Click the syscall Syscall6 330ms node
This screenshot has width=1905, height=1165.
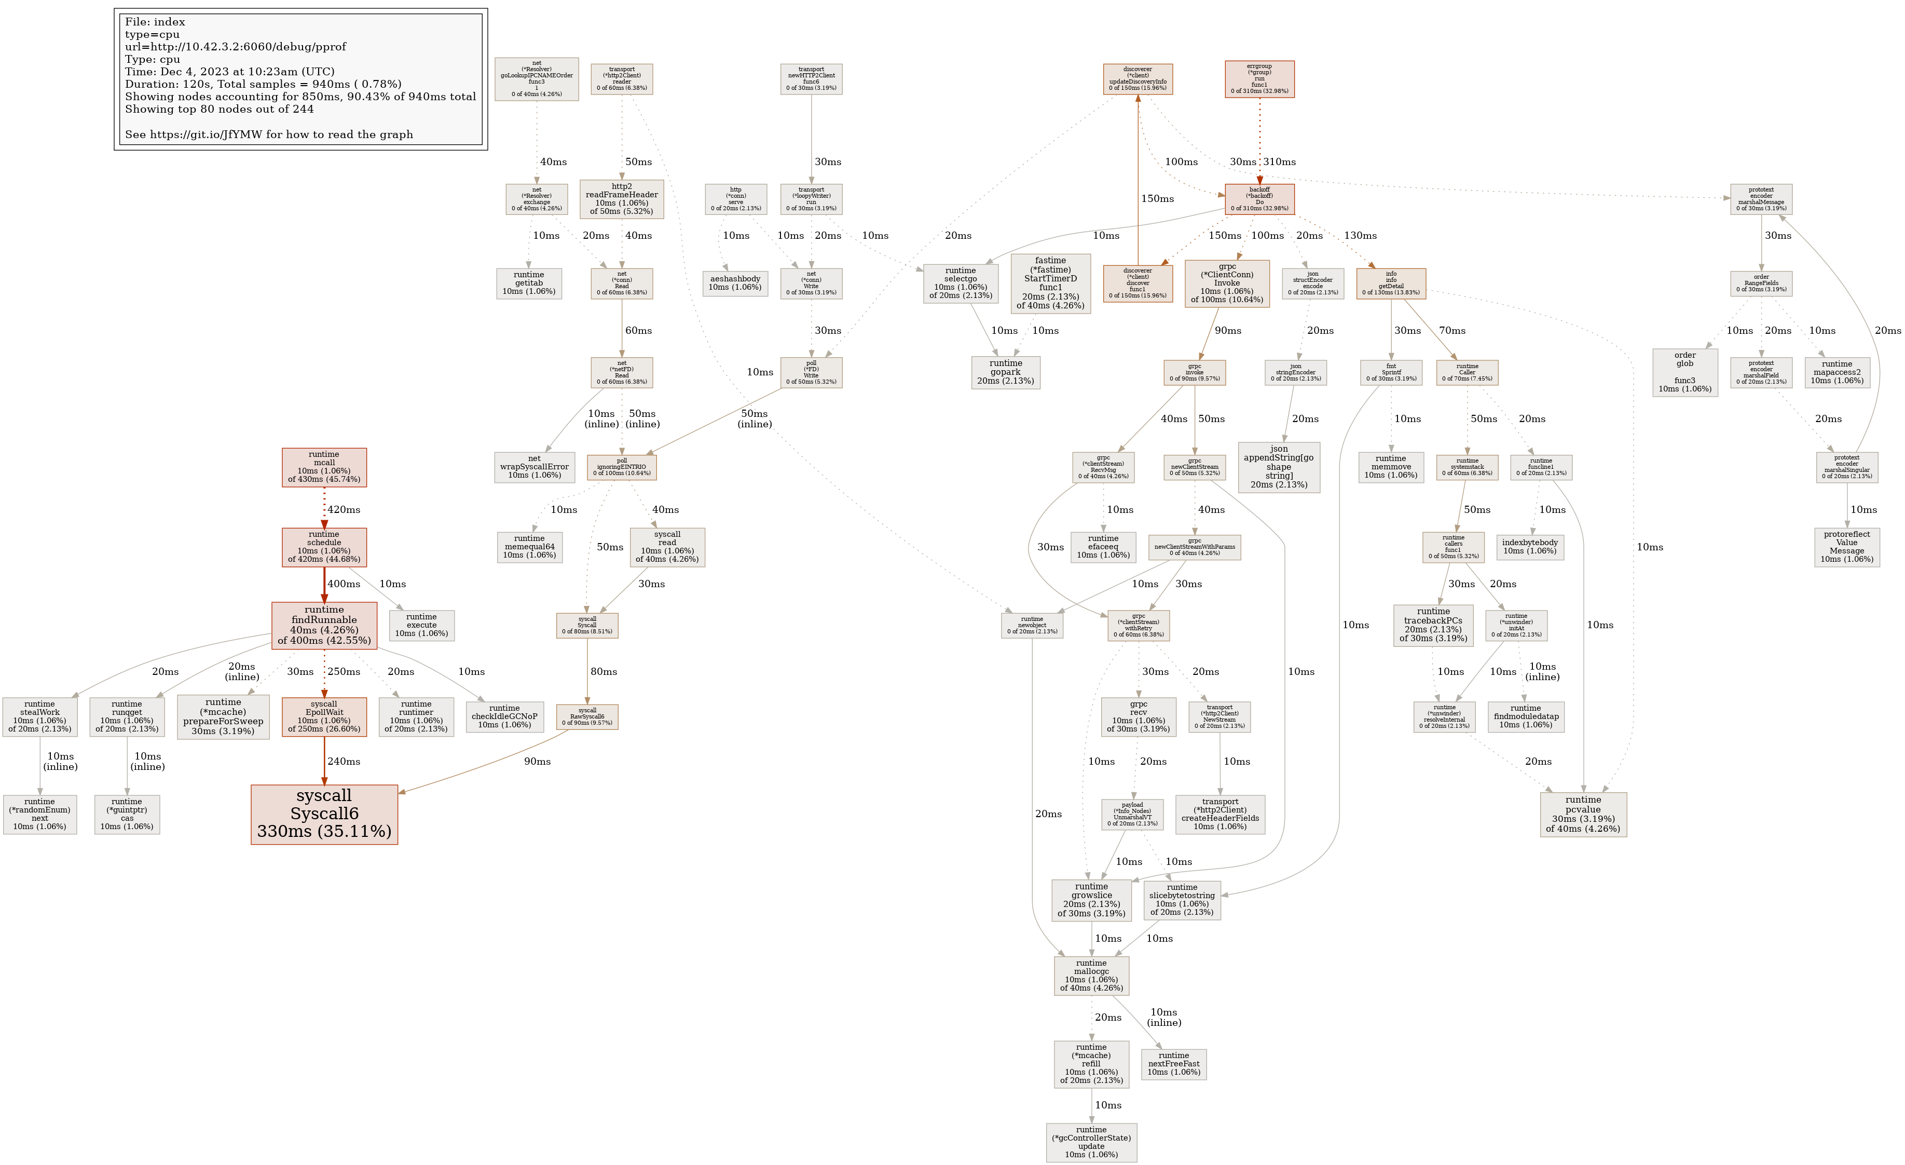point(324,814)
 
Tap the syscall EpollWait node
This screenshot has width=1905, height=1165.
point(324,716)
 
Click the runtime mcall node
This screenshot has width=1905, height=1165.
point(324,467)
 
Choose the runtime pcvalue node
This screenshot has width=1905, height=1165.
point(1583,814)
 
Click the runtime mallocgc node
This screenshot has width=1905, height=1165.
point(1091,976)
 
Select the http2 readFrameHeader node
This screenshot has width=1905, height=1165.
point(622,199)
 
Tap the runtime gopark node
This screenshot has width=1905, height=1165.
point(1005,372)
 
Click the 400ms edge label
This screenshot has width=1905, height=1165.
point(343,584)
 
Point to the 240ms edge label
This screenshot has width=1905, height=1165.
point(343,761)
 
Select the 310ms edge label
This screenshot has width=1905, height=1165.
point(1280,161)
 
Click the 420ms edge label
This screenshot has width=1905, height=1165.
point(343,510)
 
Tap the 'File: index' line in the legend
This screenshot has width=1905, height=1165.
point(155,22)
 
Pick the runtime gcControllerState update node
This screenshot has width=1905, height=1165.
point(1091,1142)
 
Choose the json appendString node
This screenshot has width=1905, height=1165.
point(1278,466)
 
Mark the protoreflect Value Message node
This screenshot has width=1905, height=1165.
point(1846,547)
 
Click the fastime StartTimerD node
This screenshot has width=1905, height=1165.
point(1050,283)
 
